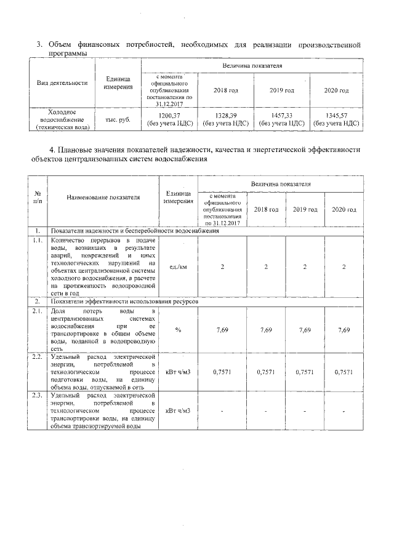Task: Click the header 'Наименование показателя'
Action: point(103,197)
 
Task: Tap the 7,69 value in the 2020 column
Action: point(344,330)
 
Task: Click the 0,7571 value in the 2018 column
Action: point(266,372)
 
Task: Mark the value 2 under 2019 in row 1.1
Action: point(305,266)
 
